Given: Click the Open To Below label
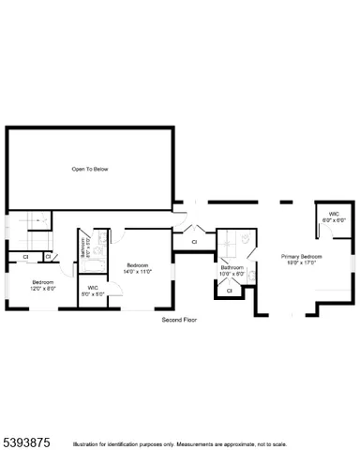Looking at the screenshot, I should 90,169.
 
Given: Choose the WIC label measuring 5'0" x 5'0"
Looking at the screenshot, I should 93,287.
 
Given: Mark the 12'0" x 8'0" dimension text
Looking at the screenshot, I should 43,288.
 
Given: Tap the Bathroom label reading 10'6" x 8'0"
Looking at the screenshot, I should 232,268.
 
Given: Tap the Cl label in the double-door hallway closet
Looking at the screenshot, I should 194,242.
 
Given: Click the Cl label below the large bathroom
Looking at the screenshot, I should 229,291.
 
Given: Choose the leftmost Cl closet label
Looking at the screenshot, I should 25,256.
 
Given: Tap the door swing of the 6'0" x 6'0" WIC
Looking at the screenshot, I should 324,230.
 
